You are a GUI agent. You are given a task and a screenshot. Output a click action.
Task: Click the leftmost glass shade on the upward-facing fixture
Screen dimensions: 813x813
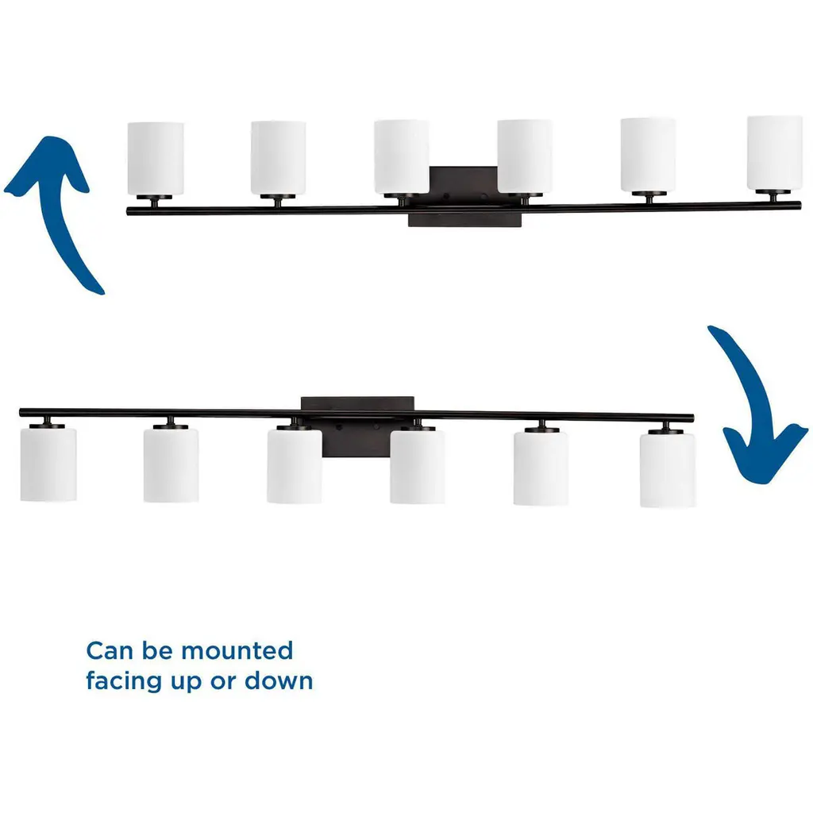pyautogui.click(x=156, y=157)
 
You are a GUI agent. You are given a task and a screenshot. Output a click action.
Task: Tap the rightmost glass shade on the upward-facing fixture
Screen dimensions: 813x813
pyautogui.click(x=774, y=152)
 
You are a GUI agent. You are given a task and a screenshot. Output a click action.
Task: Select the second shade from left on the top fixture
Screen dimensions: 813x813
pyautogui.click(x=278, y=157)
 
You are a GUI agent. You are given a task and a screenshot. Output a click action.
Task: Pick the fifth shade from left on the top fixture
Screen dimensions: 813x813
pyautogui.click(x=648, y=155)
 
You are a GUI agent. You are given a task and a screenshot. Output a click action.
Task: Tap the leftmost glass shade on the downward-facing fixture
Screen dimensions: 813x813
pyautogui.click(x=48, y=464)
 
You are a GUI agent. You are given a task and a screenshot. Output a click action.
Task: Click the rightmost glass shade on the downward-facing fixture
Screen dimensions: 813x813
pyautogui.click(x=668, y=469)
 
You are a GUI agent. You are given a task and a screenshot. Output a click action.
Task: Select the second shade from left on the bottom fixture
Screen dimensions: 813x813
pyautogui.click(x=171, y=465)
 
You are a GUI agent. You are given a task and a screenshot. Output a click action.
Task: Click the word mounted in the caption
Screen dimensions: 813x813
pyautogui.click(x=237, y=651)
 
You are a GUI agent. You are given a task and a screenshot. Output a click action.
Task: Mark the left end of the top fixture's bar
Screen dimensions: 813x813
pyautogui.click(x=129, y=212)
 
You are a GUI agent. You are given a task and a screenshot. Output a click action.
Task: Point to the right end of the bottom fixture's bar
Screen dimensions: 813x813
pyautogui.click(x=691, y=418)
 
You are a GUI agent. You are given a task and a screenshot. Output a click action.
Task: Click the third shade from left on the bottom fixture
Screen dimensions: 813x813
pyautogui.click(x=295, y=466)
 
